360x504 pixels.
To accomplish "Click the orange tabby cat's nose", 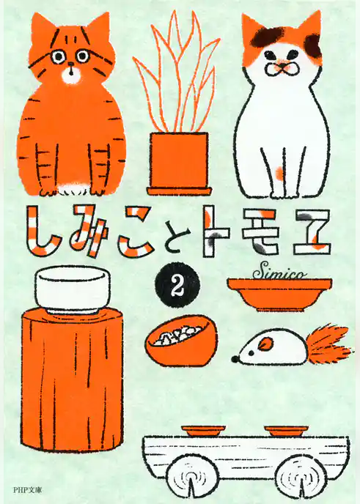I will click(69, 70).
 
